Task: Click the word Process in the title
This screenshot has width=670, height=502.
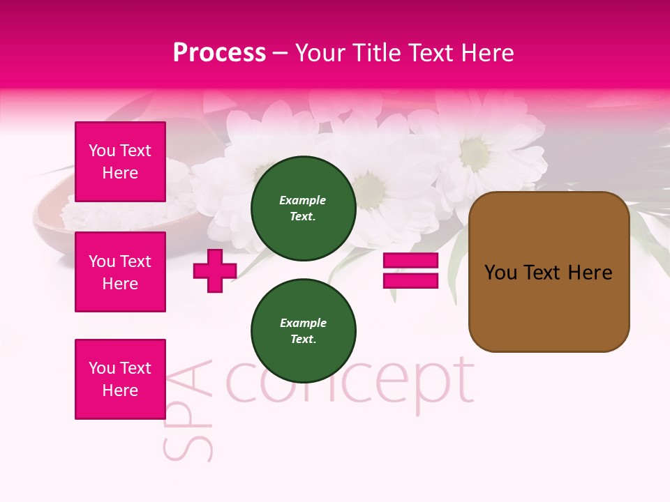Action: [219, 53]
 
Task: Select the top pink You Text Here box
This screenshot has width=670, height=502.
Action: [120, 162]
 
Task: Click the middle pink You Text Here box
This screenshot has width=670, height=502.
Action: [120, 272]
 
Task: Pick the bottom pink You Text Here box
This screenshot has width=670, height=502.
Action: [120, 379]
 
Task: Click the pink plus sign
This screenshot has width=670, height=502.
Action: [214, 271]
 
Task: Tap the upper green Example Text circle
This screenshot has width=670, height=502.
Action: [303, 208]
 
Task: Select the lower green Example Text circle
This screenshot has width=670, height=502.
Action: [303, 330]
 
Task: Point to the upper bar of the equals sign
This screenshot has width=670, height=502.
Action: [410, 261]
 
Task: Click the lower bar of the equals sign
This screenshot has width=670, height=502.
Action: [410, 280]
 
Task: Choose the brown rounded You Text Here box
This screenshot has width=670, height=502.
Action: [549, 271]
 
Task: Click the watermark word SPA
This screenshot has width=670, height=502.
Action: [187, 411]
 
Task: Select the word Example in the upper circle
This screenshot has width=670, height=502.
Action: [303, 200]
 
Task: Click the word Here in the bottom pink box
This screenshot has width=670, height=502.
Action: [120, 390]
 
